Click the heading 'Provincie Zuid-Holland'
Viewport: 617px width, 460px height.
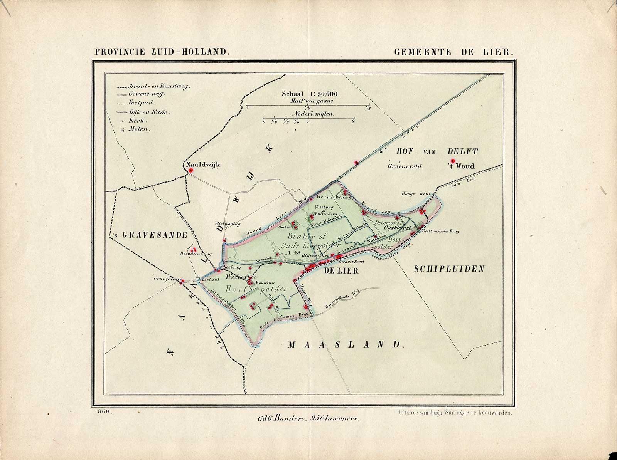pos(163,52)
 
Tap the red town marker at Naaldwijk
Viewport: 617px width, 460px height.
pos(190,170)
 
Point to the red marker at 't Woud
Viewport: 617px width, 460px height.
pos(452,161)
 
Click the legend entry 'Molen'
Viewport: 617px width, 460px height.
pos(141,129)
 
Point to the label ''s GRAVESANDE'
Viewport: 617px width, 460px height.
pos(148,235)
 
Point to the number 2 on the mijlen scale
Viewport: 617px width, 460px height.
pos(353,122)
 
